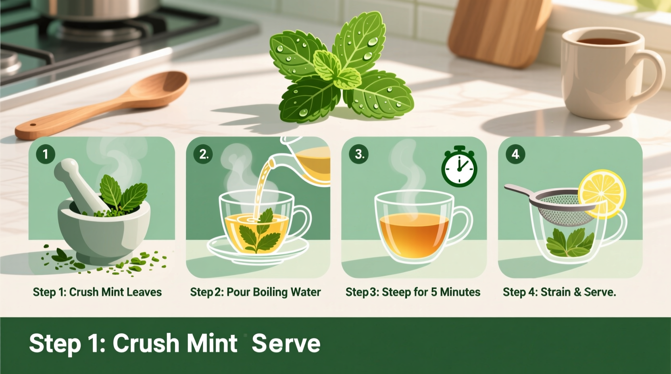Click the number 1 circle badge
46,154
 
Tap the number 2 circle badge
203,154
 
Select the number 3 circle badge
359,154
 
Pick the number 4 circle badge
515,154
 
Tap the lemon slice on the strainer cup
602,193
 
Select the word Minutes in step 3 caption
460,292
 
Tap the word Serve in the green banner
286,343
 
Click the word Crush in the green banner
146,343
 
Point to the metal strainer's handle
520,190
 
